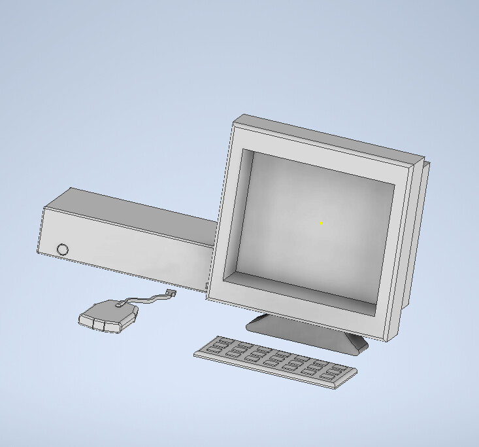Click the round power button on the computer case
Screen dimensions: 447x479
[x=63, y=249]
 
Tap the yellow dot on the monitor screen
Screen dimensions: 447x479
[x=321, y=223]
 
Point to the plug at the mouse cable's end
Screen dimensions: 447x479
[x=171, y=293]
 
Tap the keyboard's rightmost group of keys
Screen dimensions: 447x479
[x=333, y=372]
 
